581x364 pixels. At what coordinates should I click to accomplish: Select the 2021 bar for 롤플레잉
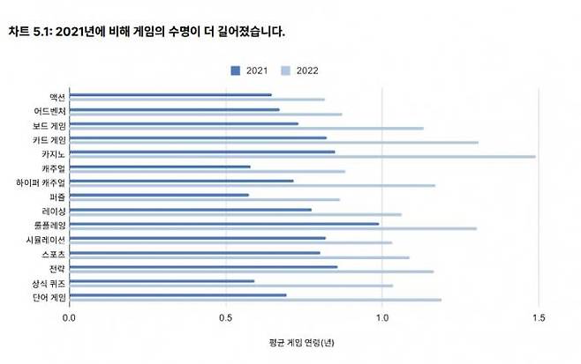click(x=224, y=223)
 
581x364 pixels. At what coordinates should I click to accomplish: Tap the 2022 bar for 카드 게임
click(x=274, y=142)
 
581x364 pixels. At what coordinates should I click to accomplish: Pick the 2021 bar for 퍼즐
click(x=159, y=195)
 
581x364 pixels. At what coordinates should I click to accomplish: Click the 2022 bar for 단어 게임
click(x=255, y=300)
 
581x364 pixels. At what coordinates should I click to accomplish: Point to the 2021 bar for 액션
click(x=170, y=94)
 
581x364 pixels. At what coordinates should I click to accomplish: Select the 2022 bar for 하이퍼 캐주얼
click(x=252, y=185)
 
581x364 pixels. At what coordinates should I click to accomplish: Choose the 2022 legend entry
click(x=301, y=70)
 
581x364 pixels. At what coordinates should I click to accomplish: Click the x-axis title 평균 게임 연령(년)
click(x=302, y=342)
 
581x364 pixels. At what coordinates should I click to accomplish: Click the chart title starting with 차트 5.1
click(x=147, y=32)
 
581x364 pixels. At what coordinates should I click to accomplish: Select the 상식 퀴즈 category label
click(x=47, y=284)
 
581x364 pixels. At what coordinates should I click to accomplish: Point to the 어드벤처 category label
click(x=47, y=111)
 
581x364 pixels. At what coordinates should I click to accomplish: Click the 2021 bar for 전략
click(x=203, y=266)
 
